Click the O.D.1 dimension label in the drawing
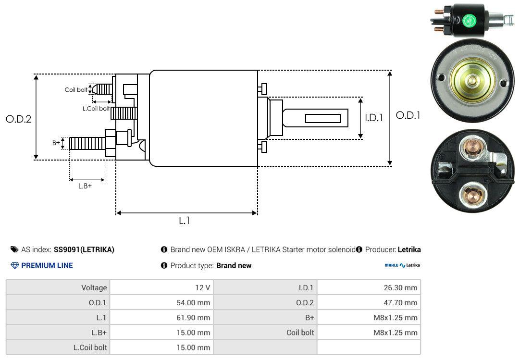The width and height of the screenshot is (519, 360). (x=408, y=115)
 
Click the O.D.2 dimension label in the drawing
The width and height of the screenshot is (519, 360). (x=18, y=119)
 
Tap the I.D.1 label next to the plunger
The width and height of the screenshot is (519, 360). (x=373, y=117)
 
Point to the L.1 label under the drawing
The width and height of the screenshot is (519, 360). (x=185, y=221)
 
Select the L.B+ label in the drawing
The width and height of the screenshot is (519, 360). (x=85, y=186)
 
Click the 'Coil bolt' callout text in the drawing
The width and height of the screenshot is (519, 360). (x=76, y=90)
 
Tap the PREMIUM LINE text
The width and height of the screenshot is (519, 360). (x=47, y=265)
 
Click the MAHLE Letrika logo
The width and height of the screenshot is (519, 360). (x=402, y=265)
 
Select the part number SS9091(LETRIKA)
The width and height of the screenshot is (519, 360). (x=84, y=249)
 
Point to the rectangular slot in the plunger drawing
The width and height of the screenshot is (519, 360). (x=323, y=118)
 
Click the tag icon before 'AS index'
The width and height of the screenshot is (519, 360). (x=14, y=249)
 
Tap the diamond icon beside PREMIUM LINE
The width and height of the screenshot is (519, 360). (x=14, y=265)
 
